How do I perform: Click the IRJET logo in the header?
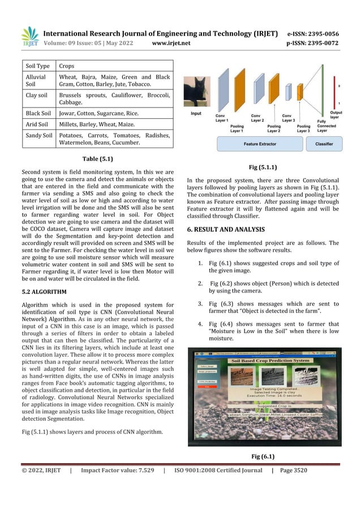(x=29, y=37)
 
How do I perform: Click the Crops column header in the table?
(x=67, y=66)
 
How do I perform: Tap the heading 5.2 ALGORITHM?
(x=44, y=292)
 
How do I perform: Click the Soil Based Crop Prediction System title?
(x=268, y=360)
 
